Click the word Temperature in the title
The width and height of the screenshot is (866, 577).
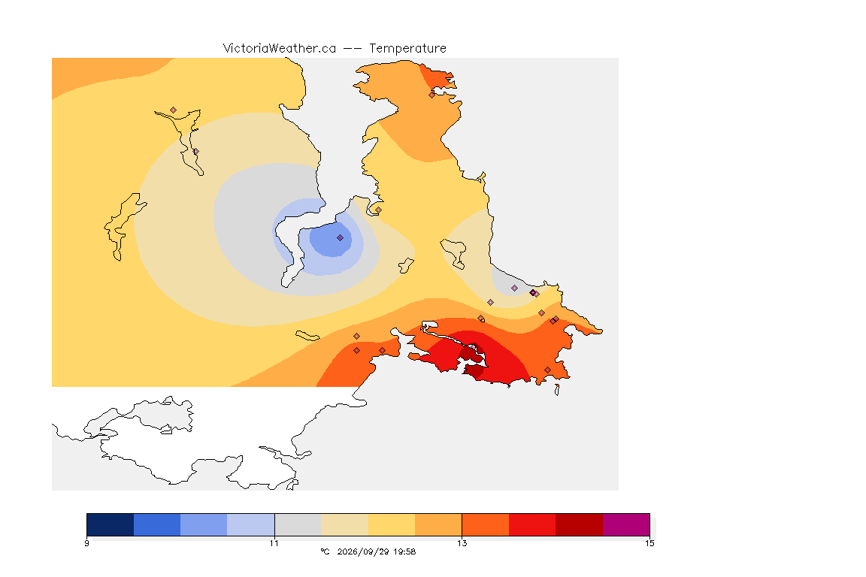pyautogui.click(x=407, y=49)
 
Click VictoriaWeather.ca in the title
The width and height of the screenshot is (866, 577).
pyautogui.click(x=280, y=49)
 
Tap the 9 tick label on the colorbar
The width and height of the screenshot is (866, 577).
pyautogui.click(x=86, y=543)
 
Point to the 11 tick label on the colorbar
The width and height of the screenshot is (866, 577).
pyautogui.click(x=274, y=543)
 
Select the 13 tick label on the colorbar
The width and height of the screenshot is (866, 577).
pyautogui.click(x=462, y=543)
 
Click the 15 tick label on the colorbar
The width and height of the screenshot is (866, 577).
pyautogui.click(x=649, y=543)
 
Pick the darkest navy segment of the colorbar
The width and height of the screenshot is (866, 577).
pyautogui.click(x=111, y=524)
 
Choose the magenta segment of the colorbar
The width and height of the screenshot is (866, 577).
pyautogui.click(x=626, y=524)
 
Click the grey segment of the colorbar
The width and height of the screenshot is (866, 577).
pyautogui.click(x=298, y=524)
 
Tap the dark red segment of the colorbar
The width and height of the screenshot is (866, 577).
pyautogui.click(x=580, y=524)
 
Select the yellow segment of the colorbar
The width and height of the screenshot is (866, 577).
pyautogui.click(x=392, y=524)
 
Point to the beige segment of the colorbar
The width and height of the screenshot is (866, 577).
pyautogui.click(x=344, y=524)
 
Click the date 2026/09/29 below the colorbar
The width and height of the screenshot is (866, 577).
pyautogui.click(x=359, y=551)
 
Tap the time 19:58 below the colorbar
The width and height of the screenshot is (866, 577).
pyautogui.click(x=405, y=551)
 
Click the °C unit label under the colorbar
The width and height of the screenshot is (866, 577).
pyautogui.click(x=325, y=551)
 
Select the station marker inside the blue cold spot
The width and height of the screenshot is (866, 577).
pyautogui.click(x=341, y=238)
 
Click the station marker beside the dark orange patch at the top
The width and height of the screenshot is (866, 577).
pyautogui.click(x=432, y=95)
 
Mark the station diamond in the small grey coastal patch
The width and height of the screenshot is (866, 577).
pyautogui.click(x=515, y=288)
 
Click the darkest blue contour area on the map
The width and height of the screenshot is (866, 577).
pyautogui.click(x=330, y=239)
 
